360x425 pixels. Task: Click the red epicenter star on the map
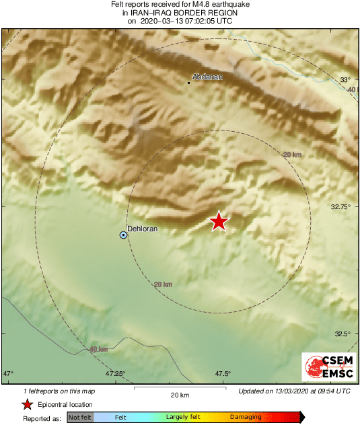[x=219, y=221]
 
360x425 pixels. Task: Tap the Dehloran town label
[x=143, y=229]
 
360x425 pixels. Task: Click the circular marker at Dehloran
[x=123, y=235]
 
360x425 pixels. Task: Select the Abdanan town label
[x=207, y=77]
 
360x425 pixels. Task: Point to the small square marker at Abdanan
[x=188, y=83]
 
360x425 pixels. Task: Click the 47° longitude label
[x=9, y=374]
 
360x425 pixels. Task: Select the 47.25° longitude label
[x=115, y=374]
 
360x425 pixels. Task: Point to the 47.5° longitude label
[x=223, y=374]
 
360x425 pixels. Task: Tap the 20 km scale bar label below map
[x=179, y=395]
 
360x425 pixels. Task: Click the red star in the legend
[x=27, y=404]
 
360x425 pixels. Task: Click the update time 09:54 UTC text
[x=330, y=391]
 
